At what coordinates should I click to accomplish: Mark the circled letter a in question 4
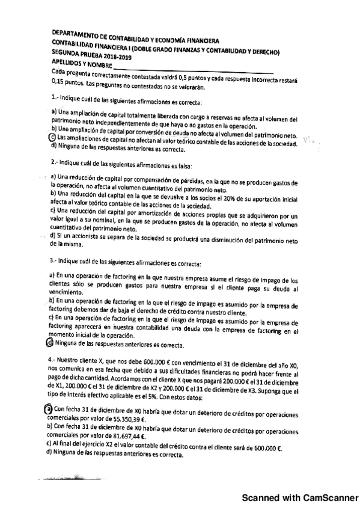(49, 408)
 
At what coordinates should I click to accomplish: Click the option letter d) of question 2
(53, 236)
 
